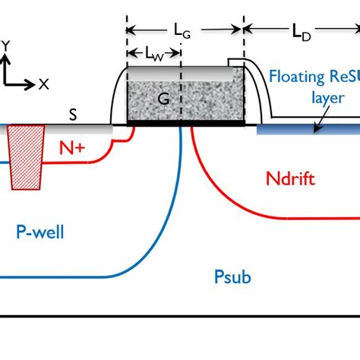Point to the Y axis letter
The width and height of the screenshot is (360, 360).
(x=6, y=45)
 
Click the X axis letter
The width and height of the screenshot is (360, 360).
(x=43, y=84)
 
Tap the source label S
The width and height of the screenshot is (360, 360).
(x=72, y=115)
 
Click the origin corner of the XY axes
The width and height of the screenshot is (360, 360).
(x=6, y=84)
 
